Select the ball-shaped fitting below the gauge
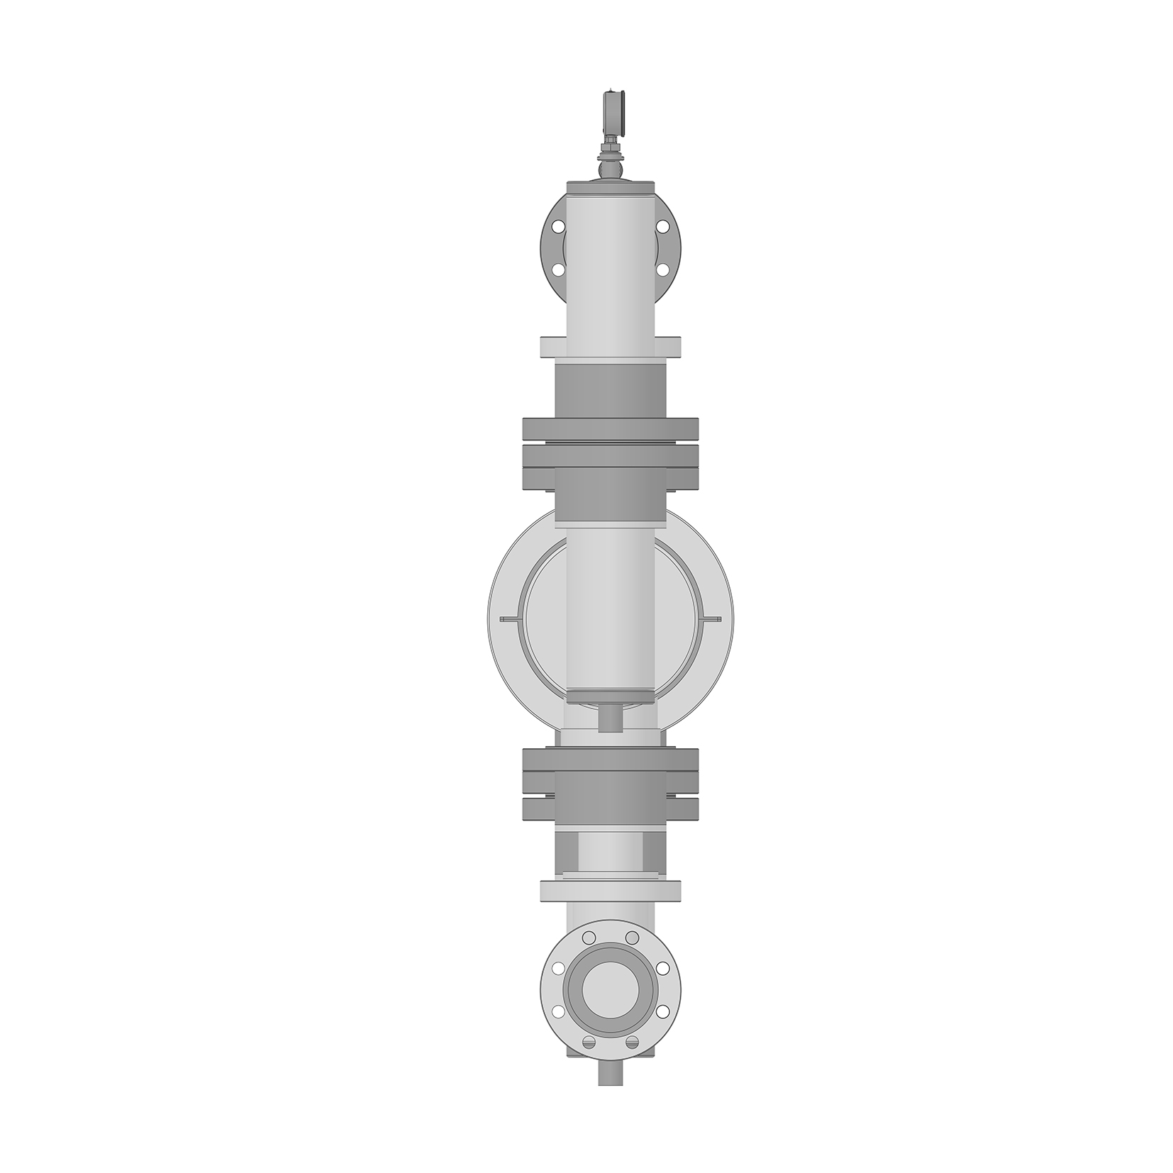(x=610, y=170)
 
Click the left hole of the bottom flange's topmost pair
(x=589, y=938)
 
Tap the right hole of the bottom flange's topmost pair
(x=632, y=938)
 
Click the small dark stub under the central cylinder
(x=610, y=718)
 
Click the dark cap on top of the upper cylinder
(x=610, y=187)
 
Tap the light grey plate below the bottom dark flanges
(x=610, y=891)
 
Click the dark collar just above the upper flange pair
(x=610, y=390)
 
